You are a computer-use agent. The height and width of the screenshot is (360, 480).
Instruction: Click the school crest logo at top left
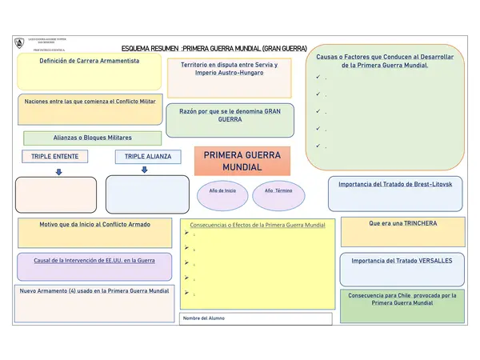pos(19,42)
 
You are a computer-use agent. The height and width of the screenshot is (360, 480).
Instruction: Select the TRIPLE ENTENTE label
pos(54,157)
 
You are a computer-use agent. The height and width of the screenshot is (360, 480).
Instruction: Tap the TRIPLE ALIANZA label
pos(144,157)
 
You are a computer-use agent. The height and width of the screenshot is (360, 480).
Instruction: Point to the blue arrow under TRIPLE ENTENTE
pos(58,171)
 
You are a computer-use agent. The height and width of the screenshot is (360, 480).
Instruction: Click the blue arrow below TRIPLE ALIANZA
pos(144,170)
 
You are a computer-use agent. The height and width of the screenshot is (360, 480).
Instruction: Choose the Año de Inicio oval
pos(222,192)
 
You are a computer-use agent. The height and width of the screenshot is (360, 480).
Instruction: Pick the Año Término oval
pos(278,192)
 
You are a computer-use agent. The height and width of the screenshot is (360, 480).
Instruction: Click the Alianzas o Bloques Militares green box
pos(93,138)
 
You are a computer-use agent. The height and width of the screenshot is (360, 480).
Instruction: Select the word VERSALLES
pos(435,261)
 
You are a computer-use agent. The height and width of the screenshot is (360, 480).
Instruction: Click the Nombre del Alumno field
pos(256,318)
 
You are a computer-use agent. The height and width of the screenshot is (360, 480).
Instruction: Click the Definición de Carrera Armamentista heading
pos(90,61)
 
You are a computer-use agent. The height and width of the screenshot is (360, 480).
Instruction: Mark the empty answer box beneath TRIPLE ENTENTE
pos(56,194)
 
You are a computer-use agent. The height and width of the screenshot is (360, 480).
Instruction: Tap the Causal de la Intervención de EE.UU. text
pos(94,261)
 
